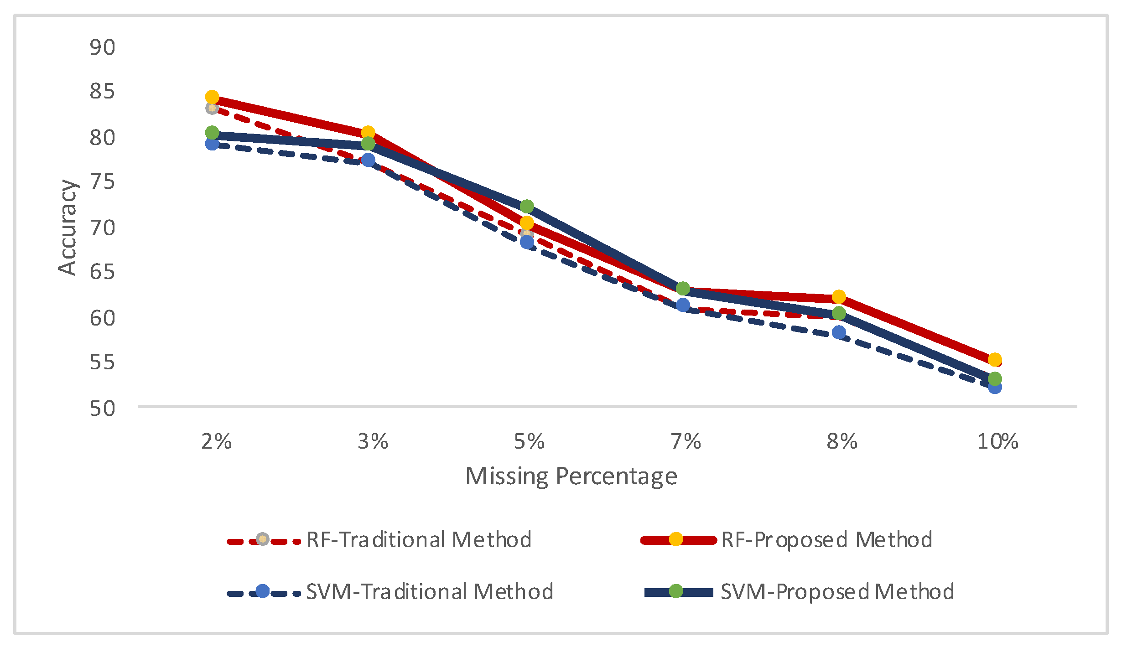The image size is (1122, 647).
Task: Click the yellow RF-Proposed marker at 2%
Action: click(x=212, y=97)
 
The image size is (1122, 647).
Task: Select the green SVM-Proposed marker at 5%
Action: click(x=527, y=207)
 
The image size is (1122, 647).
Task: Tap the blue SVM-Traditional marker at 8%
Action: click(x=839, y=332)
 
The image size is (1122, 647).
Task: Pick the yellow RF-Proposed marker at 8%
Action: click(x=839, y=297)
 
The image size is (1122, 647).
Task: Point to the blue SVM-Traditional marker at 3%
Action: click(x=368, y=160)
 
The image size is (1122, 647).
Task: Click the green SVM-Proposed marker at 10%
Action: click(x=995, y=379)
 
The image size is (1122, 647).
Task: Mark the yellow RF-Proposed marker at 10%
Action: click(x=995, y=360)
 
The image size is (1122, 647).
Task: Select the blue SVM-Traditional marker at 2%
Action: click(x=212, y=144)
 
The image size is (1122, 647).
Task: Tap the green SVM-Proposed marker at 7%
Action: click(x=683, y=288)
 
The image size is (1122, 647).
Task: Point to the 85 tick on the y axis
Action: click(x=103, y=91)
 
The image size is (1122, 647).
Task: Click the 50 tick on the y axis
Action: click(x=103, y=408)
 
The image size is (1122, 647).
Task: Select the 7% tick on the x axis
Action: click(x=686, y=441)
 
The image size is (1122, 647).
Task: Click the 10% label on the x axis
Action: click(x=997, y=441)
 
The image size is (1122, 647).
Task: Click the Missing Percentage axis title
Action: click(x=571, y=476)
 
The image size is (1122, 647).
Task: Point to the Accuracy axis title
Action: click(x=68, y=227)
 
